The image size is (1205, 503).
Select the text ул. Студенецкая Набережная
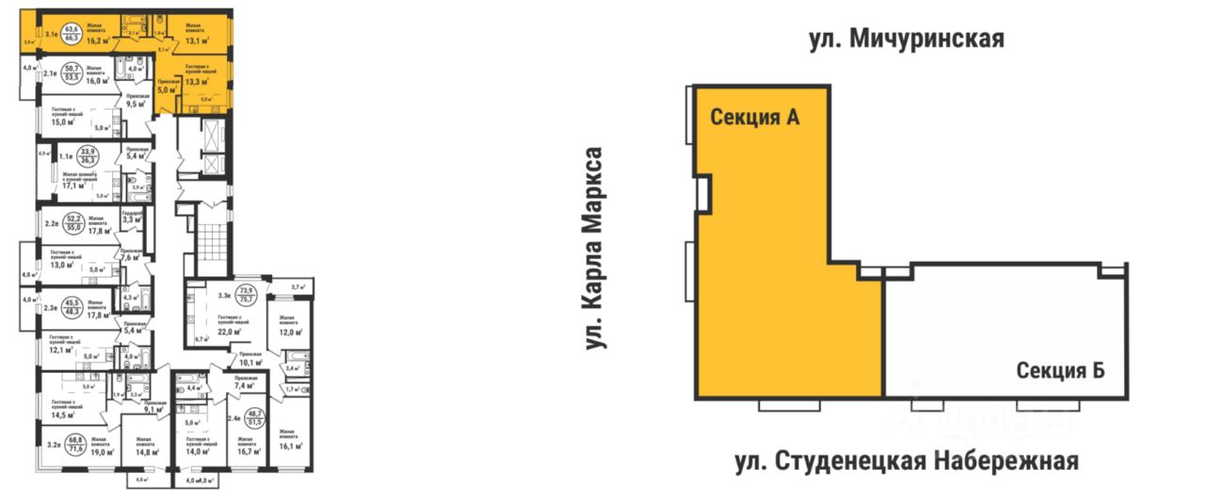[x=906, y=462]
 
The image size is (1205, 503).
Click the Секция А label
[x=754, y=119]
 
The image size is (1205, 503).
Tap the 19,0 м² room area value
[x=103, y=452]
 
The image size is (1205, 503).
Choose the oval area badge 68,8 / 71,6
[x=75, y=444]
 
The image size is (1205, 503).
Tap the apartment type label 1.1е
[x=66, y=156]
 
